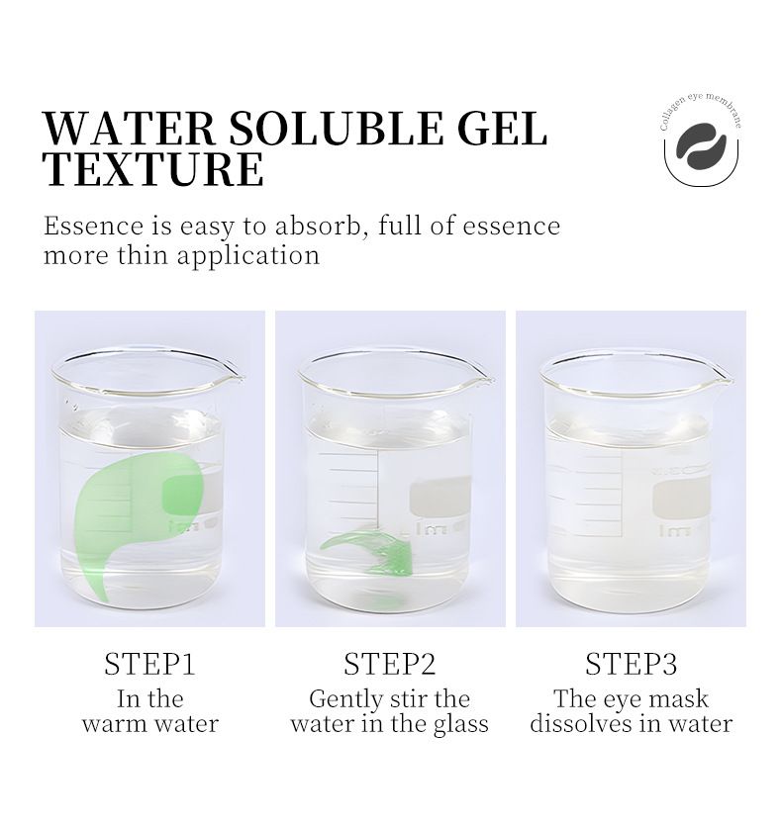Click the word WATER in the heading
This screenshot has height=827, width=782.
tap(129, 128)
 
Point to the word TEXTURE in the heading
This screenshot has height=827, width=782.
tap(152, 169)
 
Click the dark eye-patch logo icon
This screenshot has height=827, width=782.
tap(701, 145)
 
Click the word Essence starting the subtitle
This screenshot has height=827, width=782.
tap(93, 226)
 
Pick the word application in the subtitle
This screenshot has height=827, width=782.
tap(248, 256)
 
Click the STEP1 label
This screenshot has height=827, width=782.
tap(149, 664)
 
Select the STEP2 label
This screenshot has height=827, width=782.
tap(390, 664)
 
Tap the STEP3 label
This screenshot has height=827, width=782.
tap(632, 664)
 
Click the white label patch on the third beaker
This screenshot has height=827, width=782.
tap(681, 499)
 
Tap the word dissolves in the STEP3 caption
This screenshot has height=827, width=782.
tap(581, 724)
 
